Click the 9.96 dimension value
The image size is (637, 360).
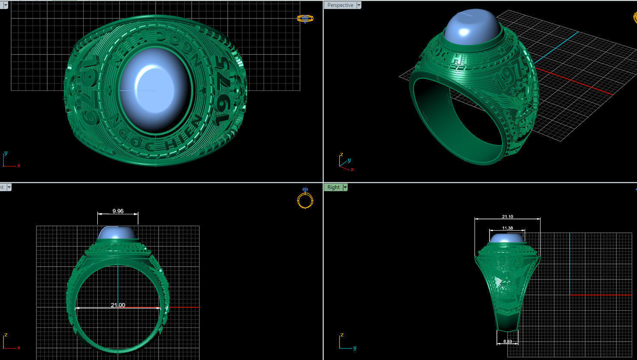[118, 211]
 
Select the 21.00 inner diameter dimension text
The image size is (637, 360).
[118, 305]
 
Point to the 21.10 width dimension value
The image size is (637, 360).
[507, 217]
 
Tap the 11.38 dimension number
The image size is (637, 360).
[507, 228]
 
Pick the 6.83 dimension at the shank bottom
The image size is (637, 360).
[507, 341]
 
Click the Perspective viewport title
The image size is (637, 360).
[340, 5]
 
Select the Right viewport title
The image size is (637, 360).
[334, 187]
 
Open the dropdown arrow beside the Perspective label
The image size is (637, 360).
[359, 5]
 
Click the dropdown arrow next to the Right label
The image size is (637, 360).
[345, 187]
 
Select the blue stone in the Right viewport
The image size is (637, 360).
[507, 239]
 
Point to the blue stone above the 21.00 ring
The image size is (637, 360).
[118, 233]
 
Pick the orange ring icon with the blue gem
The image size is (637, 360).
[305, 198]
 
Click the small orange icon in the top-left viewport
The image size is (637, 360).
[305, 18]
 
